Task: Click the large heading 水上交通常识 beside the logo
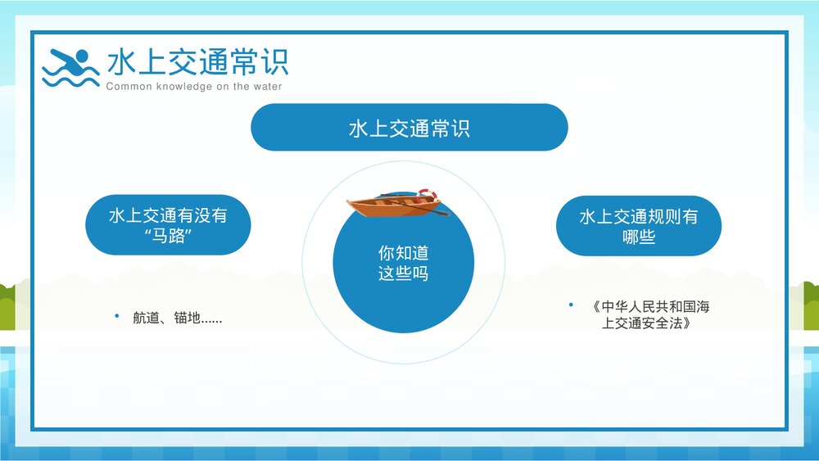tap(197, 62)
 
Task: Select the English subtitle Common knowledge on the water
tap(193, 87)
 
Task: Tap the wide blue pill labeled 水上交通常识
tap(409, 128)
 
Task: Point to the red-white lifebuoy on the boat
tap(428, 196)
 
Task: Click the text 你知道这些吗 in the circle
tap(403, 264)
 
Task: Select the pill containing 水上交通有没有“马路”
tap(168, 225)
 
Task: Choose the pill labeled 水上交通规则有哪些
tap(638, 226)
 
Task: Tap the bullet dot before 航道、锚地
tap(116, 316)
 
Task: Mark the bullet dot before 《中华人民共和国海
tap(571, 305)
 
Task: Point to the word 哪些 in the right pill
tap(638, 237)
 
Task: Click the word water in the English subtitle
tap(268, 87)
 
